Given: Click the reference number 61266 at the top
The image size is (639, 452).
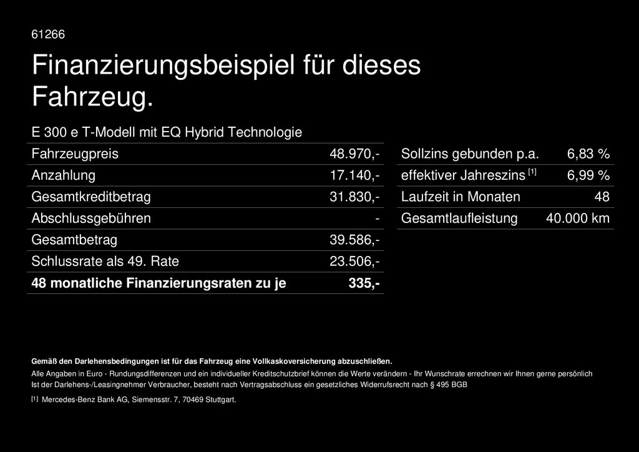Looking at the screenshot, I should pos(48,34).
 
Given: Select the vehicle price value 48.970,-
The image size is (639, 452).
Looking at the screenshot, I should pos(354,154).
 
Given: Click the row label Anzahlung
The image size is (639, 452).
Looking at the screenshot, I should pos(64,175).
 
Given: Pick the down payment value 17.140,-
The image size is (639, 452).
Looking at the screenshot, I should pos(354,175).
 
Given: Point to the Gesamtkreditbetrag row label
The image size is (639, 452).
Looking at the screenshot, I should pos(91,197).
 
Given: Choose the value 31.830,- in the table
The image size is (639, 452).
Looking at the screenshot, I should pos(354,197).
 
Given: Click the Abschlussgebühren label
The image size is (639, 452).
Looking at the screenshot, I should pos(91,219).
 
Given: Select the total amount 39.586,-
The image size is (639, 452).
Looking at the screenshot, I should pos(354,240).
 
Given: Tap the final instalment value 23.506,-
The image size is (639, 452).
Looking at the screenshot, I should pos(354,262).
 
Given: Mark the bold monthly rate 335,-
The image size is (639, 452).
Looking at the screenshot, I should pos(364,283).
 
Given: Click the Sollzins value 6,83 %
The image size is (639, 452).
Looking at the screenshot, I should pos(588,154).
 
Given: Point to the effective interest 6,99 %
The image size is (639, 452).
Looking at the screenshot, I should pos(588,175).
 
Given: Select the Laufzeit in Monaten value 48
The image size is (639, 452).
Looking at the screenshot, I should pos(602,197).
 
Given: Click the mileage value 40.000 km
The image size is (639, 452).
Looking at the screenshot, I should pos(577,219).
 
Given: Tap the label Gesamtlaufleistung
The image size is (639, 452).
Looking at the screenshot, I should pos(459,219).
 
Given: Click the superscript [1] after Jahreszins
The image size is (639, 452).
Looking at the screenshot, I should pos(532,172).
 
